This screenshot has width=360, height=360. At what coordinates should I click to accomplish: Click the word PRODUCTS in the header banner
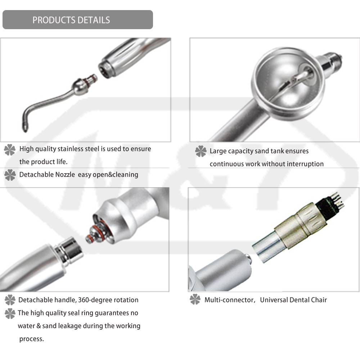[x=51, y=20]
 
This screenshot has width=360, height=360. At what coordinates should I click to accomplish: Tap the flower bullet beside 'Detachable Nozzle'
[x=10, y=175]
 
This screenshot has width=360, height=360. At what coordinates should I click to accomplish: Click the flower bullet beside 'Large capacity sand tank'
[x=201, y=151]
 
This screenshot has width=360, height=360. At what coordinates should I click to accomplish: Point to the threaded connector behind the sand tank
[x=330, y=61]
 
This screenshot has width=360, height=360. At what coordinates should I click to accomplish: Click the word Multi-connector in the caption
[x=230, y=300]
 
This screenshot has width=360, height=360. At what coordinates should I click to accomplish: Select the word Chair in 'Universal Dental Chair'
[x=319, y=300]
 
